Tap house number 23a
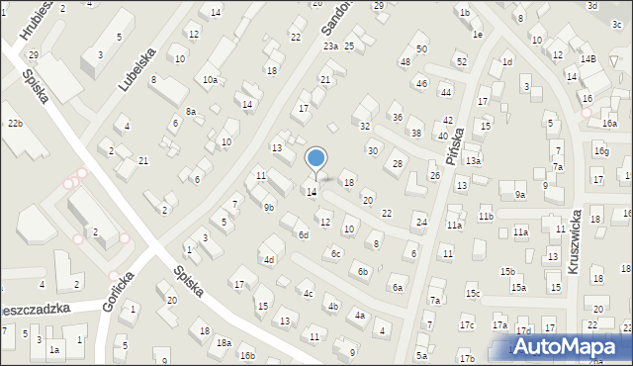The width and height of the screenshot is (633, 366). pyautogui.click(x=330, y=46)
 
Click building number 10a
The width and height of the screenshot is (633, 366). pyautogui.click(x=210, y=79)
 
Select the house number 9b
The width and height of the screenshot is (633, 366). pyautogui.click(x=268, y=208)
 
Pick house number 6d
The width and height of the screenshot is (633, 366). pyautogui.click(x=304, y=235)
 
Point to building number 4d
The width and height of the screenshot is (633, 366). pyautogui.click(x=268, y=260)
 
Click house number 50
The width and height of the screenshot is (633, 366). pyautogui.click(x=421, y=48)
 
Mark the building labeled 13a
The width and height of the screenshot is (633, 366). pyautogui.click(x=474, y=161)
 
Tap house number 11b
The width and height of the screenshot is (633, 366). pyautogui.click(x=486, y=216)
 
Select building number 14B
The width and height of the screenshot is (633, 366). pyautogui.click(x=588, y=59)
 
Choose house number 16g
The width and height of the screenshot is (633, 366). pyautogui.click(x=601, y=151)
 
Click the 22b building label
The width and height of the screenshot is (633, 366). pyautogui.click(x=14, y=124)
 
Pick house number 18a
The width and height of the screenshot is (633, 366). pyautogui.click(x=225, y=342)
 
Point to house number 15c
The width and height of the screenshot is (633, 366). pyautogui.click(x=474, y=293)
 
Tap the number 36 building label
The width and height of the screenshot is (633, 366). pyautogui.click(x=398, y=118)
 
